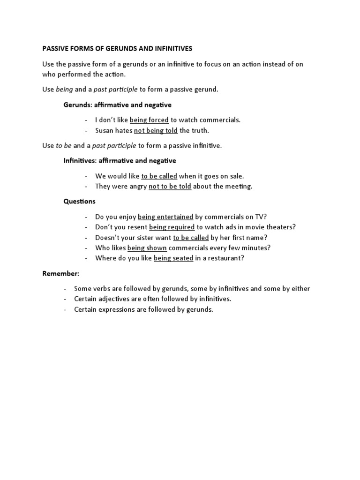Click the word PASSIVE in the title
click(57, 48)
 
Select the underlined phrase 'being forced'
click(149, 120)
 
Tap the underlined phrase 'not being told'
click(156, 130)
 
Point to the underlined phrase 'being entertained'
click(165, 217)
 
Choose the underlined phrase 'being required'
click(172, 227)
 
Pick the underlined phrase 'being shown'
click(147, 247)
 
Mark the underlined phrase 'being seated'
click(173, 258)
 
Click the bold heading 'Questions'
click(79, 202)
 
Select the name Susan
click(105, 130)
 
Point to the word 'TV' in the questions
click(261, 217)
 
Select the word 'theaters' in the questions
click(280, 227)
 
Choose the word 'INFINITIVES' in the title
click(170, 48)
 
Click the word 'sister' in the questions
click(158, 237)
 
